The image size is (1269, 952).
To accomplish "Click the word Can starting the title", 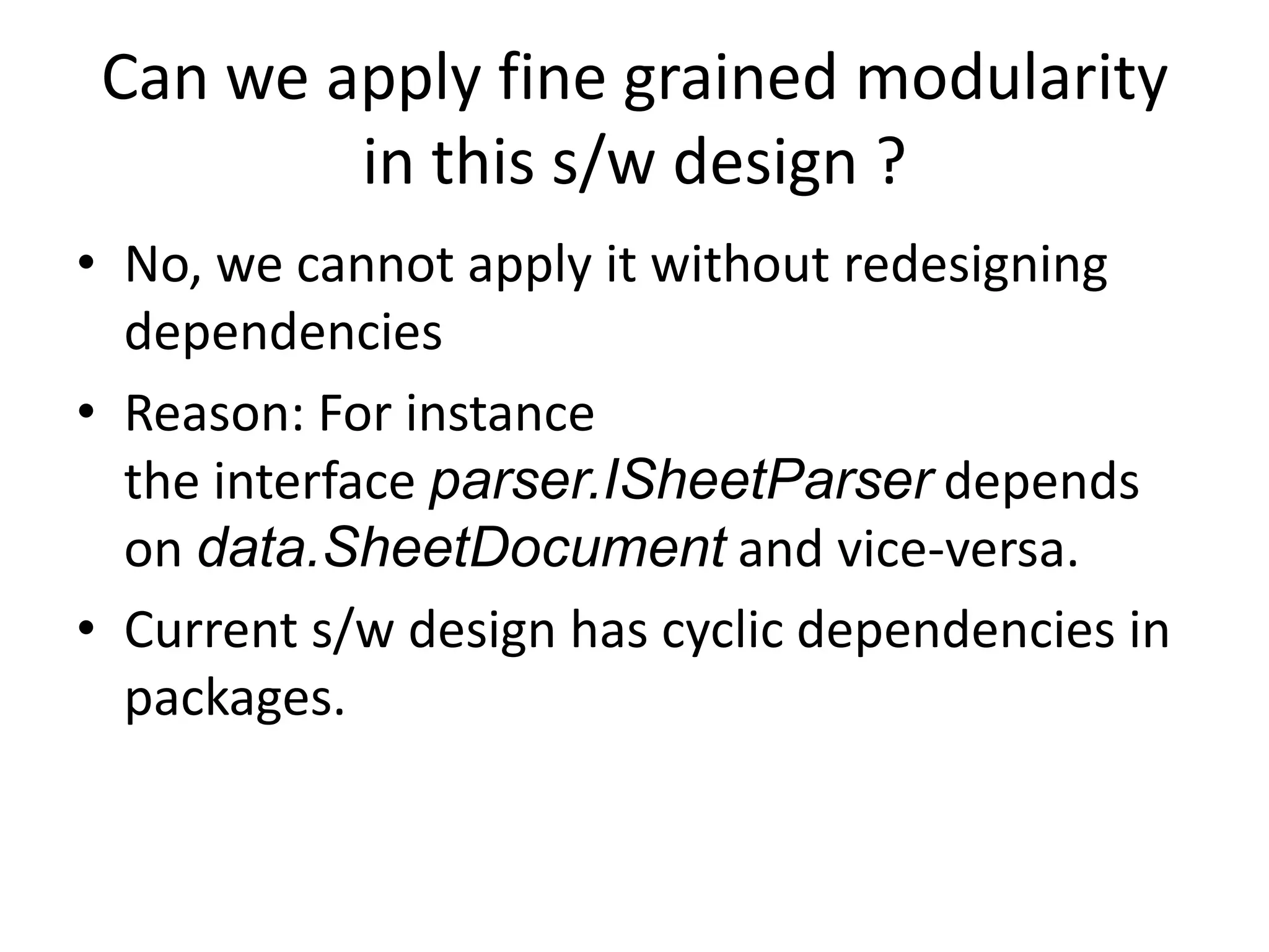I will [x=154, y=79].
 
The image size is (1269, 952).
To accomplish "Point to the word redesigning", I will [x=975, y=265].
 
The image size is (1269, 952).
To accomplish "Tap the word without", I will [x=740, y=264].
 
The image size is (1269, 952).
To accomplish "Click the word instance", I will [x=500, y=414].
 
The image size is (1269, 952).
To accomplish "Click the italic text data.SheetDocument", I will [x=461, y=549].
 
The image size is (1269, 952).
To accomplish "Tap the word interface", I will [x=314, y=482].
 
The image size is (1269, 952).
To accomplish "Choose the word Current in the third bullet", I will [x=211, y=631].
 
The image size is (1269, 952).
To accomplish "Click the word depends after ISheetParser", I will [x=1041, y=483].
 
